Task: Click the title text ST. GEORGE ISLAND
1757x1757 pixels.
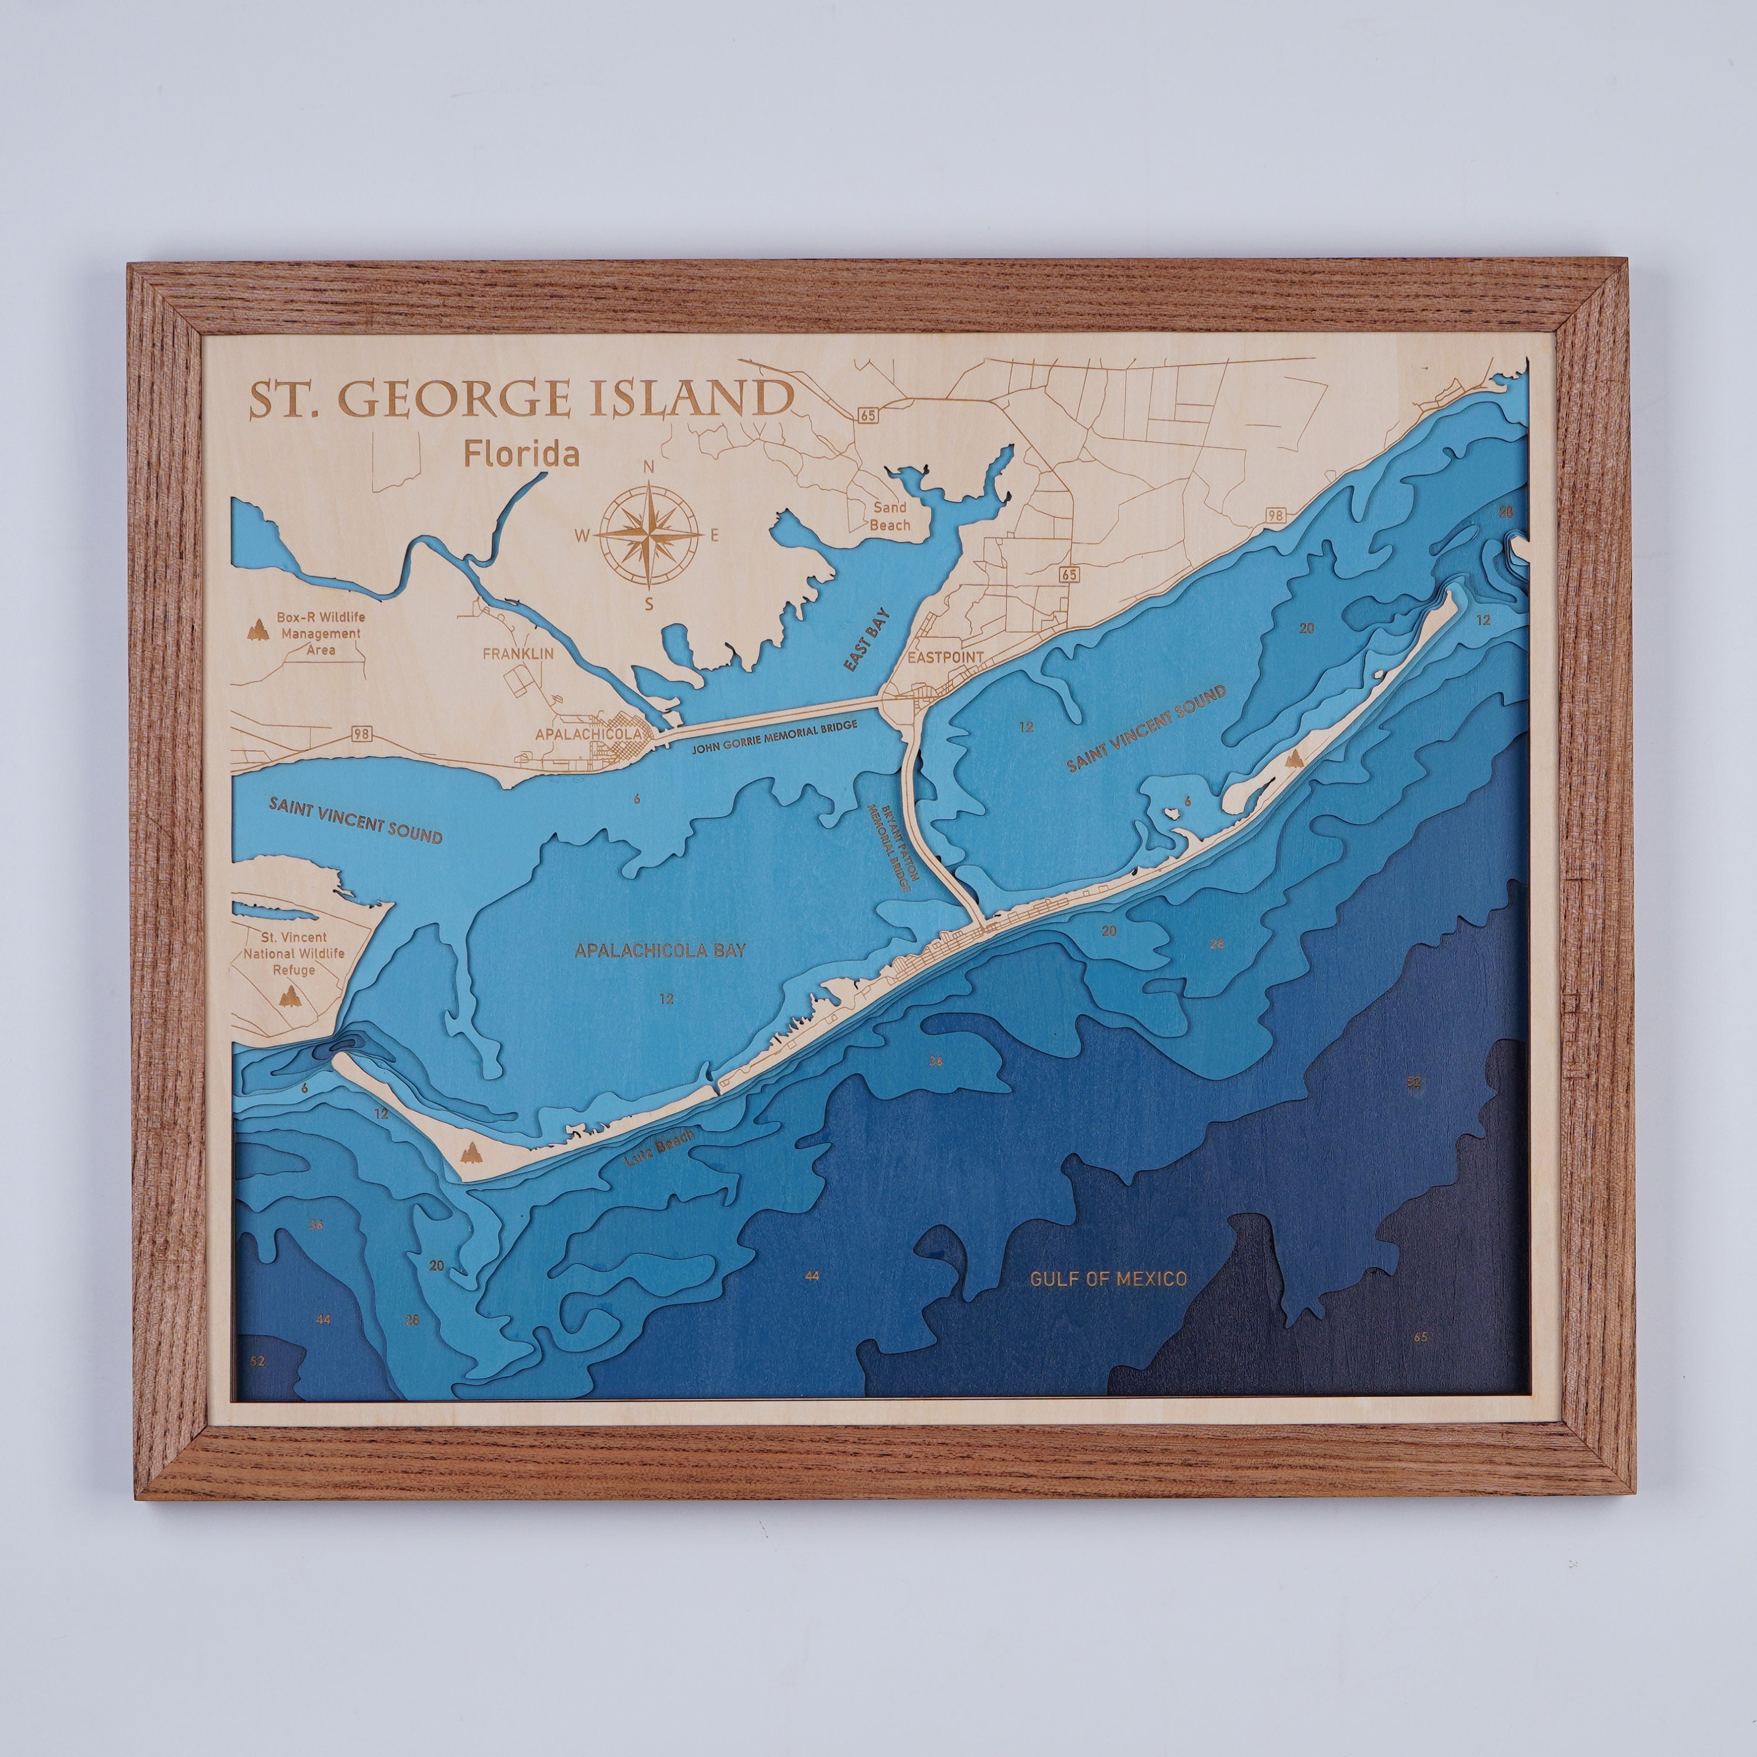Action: click(519, 399)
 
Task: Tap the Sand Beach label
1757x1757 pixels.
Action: click(890, 518)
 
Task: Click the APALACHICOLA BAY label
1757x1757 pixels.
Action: click(660, 951)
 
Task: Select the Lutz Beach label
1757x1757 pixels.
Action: click(659, 1148)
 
